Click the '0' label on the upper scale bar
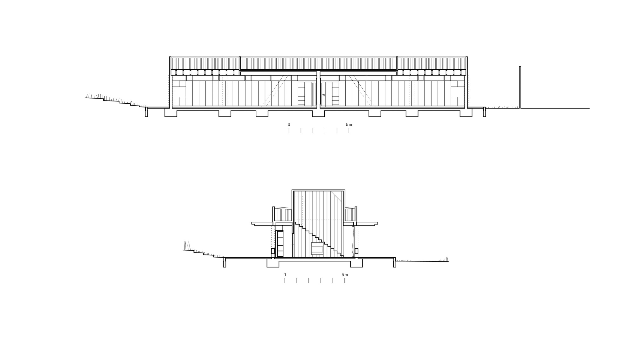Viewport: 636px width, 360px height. pyautogui.click(x=289, y=125)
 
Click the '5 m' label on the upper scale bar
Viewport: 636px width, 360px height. pyautogui.click(x=349, y=125)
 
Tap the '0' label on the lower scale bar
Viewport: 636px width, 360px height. pyautogui.click(x=285, y=274)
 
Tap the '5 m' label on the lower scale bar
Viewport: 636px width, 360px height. pyautogui.click(x=345, y=274)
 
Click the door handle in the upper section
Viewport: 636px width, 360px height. pyautogui.click(x=323, y=95)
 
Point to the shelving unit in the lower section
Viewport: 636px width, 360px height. pyautogui.click(x=280, y=244)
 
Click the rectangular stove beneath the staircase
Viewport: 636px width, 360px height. pyautogui.click(x=317, y=249)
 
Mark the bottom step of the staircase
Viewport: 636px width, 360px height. pyautogui.click(x=342, y=255)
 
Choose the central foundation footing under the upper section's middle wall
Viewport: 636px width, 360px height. pyautogui.click(x=316, y=113)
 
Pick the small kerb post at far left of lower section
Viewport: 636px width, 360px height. pyautogui.click(x=225, y=263)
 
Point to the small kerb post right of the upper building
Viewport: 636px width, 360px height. pyautogui.click(x=484, y=112)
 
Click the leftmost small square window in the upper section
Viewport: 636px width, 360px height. pyautogui.click(x=189, y=78)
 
